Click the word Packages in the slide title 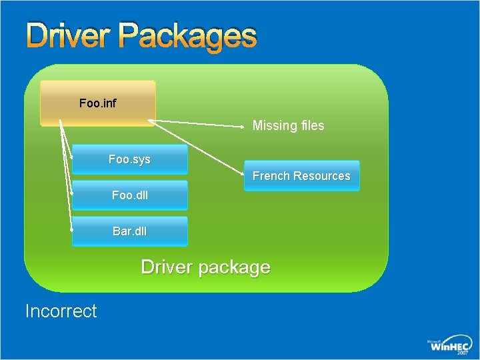pos(187,37)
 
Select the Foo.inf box pos(98,103)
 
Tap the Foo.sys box pos(129,160)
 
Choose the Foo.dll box pos(129,195)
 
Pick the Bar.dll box pos(129,231)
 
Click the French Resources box pos(301,176)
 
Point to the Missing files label pos(288,125)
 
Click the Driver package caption pos(205,267)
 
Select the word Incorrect pos(61,311)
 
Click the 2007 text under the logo pos(462,354)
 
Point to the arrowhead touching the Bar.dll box pos(72,229)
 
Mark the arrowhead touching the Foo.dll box pos(72,193)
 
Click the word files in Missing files pos(311,125)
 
